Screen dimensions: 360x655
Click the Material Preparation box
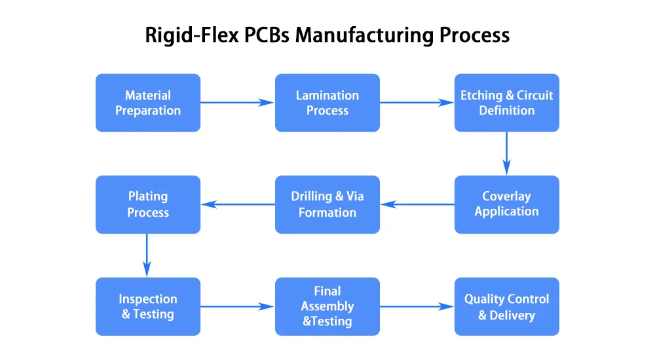pyautogui.click(x=148, y=103)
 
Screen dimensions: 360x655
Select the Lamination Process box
pyautogui.click(x=327, y=103)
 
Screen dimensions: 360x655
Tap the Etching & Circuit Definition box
pyautogui.click(x=506, y=103)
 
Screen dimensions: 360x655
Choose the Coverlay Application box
pyautogui.click(x=506, y=204)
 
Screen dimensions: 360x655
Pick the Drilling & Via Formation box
pyautogui.click(x=327, y=204)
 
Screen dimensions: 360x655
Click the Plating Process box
pyautogui.click(x=148, y=204)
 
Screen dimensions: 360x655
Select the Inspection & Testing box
pyautogui.click(x=148, y=306)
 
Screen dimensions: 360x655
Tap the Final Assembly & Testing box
pyautogui.click(x=327, y=306)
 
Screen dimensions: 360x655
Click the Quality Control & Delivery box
pyautogui.click(x=506, y=306)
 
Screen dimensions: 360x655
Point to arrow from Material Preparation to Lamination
pyautogui.click(x=237, y=102)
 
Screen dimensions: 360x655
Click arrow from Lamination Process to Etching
pyautogui.click(x=417, y=102)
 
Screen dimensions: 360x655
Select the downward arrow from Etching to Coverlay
pyautogui.click(x=506, y=153)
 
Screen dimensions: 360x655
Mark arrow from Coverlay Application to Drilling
pyautogui.click(x=417, y=204)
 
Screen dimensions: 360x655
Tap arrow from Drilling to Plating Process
pyautogui.click(x=238, y=204)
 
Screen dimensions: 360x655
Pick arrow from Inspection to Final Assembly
pyautogui.click(x=237, y=306)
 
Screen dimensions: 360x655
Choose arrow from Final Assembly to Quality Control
pyautogui.click(x=417, y=306)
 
